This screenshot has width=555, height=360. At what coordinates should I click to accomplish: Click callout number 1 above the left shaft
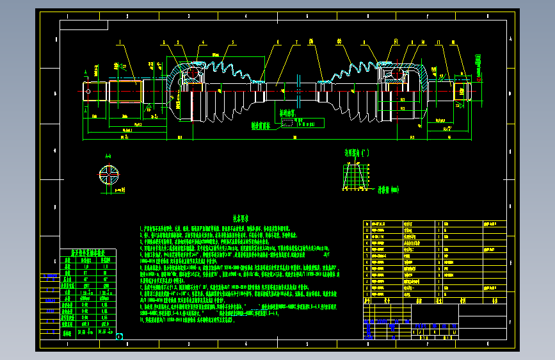coord(119,43)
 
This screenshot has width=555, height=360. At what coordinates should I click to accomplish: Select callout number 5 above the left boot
coord(233,43)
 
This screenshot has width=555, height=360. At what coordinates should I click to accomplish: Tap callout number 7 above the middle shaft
coord(298,43)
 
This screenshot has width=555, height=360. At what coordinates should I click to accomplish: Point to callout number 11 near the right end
coord(438,43)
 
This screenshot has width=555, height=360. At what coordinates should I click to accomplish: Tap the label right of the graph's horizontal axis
coord(387,190)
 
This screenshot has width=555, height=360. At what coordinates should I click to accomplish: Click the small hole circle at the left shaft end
coord(88,92)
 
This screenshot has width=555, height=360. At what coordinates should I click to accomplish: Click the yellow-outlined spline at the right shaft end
coord(462,92)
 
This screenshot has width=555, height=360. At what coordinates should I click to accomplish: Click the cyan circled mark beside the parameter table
coord(120,336)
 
